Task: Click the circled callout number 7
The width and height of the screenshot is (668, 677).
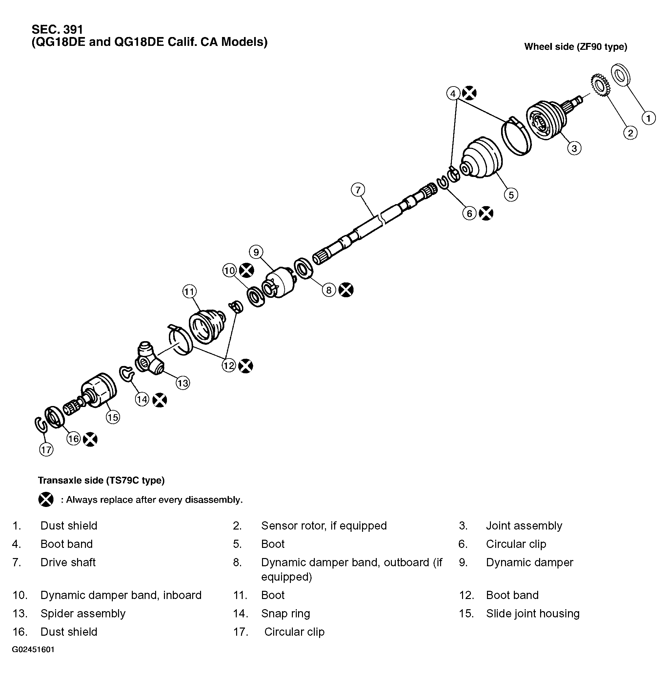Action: (x=358, y=190)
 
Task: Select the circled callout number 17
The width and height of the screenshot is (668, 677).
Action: (x=46, y=449)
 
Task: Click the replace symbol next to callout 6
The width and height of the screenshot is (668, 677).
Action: (x=486, y=213)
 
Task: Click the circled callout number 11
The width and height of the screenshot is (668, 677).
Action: (x=189, y=292)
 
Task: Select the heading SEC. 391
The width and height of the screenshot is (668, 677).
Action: (x=57, y=29)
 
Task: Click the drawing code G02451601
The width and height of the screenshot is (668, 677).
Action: (x=33, y=649)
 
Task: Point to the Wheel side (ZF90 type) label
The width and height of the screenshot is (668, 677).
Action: (x=575, y=47)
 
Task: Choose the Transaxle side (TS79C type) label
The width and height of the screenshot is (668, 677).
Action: (x=101, y=480)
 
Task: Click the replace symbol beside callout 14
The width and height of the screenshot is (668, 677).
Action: (x=160, y=400)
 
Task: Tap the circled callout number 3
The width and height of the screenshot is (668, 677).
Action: (x=574, y=148)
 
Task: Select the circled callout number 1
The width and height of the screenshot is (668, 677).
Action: (x=648, y=118)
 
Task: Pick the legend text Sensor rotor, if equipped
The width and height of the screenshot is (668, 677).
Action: (x=323, y=526)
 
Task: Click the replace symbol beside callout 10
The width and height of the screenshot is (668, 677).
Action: (x=246, y=271)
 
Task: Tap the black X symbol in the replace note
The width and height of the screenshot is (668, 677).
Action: (x=46, y=499)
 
